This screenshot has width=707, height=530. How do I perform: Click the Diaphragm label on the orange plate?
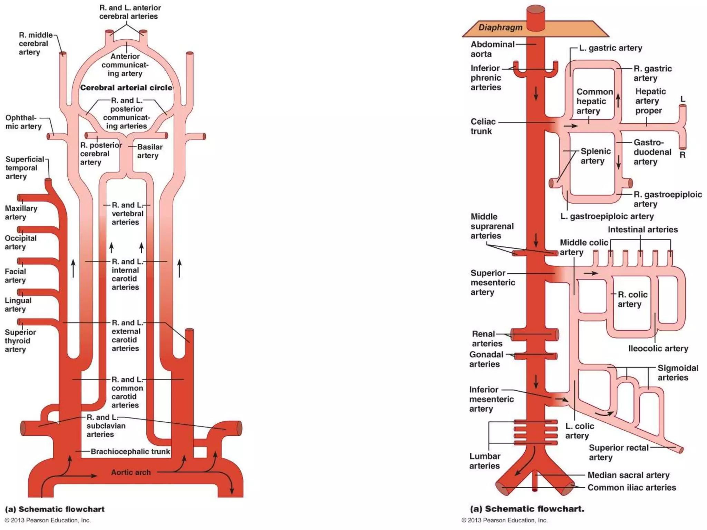[x=500, y=28]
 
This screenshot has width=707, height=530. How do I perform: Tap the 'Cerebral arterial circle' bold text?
[x=126, y=88]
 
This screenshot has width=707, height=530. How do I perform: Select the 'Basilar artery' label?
[x=149, y=151]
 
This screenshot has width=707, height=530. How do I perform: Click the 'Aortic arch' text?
[x=131, y=472]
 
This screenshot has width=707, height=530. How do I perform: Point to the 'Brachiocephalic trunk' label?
[x=130, y=451]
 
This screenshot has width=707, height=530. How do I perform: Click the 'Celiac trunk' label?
[x=483, y=126]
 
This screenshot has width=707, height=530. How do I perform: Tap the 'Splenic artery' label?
[x=595, y=156]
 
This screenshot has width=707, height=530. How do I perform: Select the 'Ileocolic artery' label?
[x=658, y=349]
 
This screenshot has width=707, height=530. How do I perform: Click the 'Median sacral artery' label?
[x=628, y=475]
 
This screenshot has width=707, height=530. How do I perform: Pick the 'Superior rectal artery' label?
[x=618, y=452]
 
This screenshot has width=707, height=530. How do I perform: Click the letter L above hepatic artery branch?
[x=682, y=99]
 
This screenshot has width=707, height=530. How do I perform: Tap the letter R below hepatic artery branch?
[x=682, y=155]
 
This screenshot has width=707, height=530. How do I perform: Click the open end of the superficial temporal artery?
[x=48, y=180]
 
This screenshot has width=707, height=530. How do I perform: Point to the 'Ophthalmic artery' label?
[x=23, y=122]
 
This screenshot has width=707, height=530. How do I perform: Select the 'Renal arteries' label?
[x=487, y=338]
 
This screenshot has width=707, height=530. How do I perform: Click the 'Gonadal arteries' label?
[x=486, y=359]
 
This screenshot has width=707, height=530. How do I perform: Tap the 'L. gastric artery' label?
[x=610, y=48]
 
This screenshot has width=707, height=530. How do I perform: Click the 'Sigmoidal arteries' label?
[x=677, y=373]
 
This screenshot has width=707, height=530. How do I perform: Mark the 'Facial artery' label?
[x=15, y=276]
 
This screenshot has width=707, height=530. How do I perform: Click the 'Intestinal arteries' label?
[x=642, y=229]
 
